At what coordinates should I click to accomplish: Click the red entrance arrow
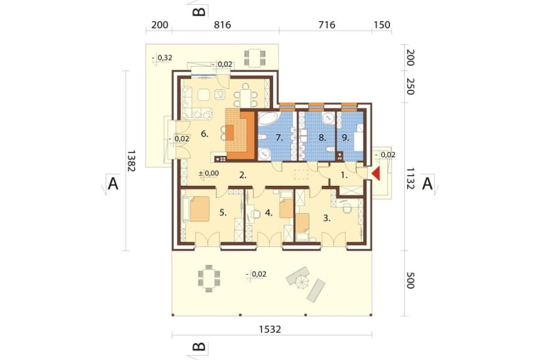(x=375, y=174)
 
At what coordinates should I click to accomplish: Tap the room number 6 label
(x=204, y=134)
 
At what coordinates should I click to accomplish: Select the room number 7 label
(x=280, y=138)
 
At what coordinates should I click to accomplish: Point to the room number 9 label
(x=345, y=138)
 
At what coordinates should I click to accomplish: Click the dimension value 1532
(x=270, y=329)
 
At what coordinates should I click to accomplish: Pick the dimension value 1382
(x=131, y=161)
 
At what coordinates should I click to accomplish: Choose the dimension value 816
(x=222, y=25)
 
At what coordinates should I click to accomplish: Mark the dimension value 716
(x=327, y=25)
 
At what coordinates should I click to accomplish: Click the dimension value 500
(x=410, y=281)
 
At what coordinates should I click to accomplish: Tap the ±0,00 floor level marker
(x=209, y=174)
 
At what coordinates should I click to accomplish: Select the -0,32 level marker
(x=162, y=58)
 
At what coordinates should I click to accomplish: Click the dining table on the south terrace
(x=209, y=278)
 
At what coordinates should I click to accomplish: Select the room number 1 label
(x=344, y=175)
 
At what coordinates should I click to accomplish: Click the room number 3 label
(x=327, y=218)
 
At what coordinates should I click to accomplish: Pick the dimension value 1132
(x=410, y=178)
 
